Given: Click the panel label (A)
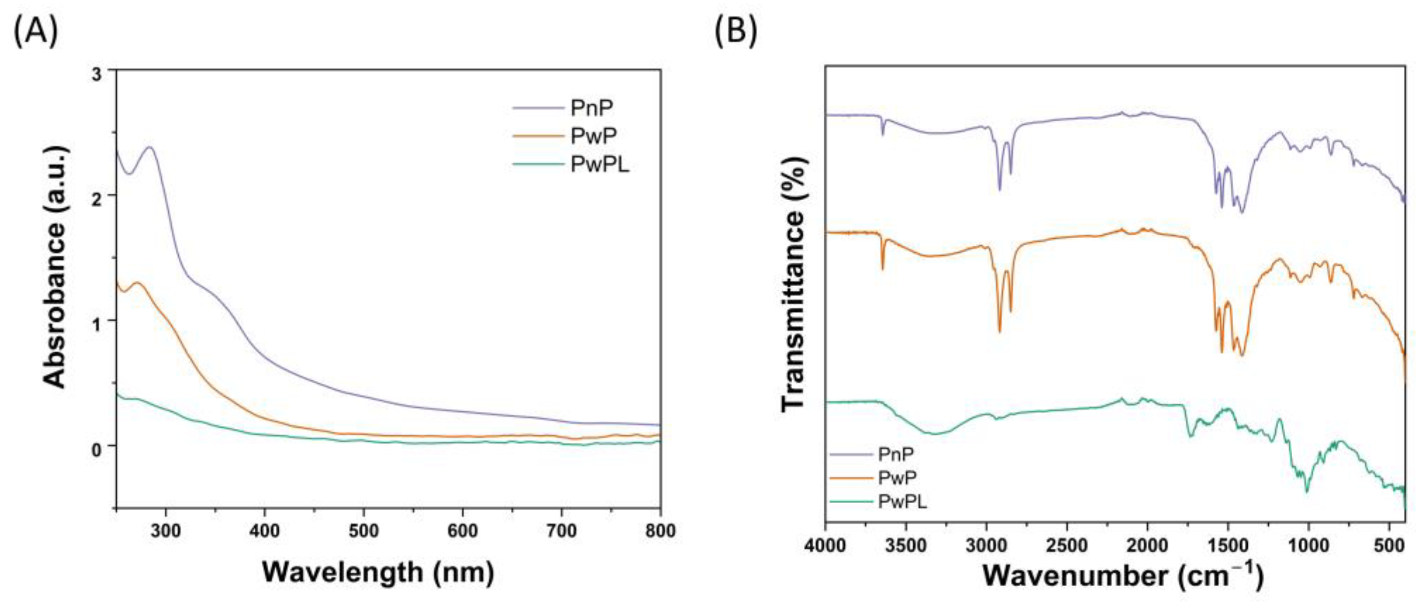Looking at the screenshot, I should pyautogui.click(x=35, y=30).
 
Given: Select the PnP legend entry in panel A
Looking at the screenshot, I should pyautogui.click(x=591, y=108).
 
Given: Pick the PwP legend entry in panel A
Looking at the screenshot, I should pyautogui.click(x=593, y=136).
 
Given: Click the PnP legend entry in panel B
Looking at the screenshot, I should pyautogui.click(x=895, y=454).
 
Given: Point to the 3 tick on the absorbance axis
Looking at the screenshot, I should pyautogui.click(x=97, y=75).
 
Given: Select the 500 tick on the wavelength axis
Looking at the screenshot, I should pyautogui.click(x=364, y=531).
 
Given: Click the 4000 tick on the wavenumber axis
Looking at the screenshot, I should pyautogui.click(x=826, y=546).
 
